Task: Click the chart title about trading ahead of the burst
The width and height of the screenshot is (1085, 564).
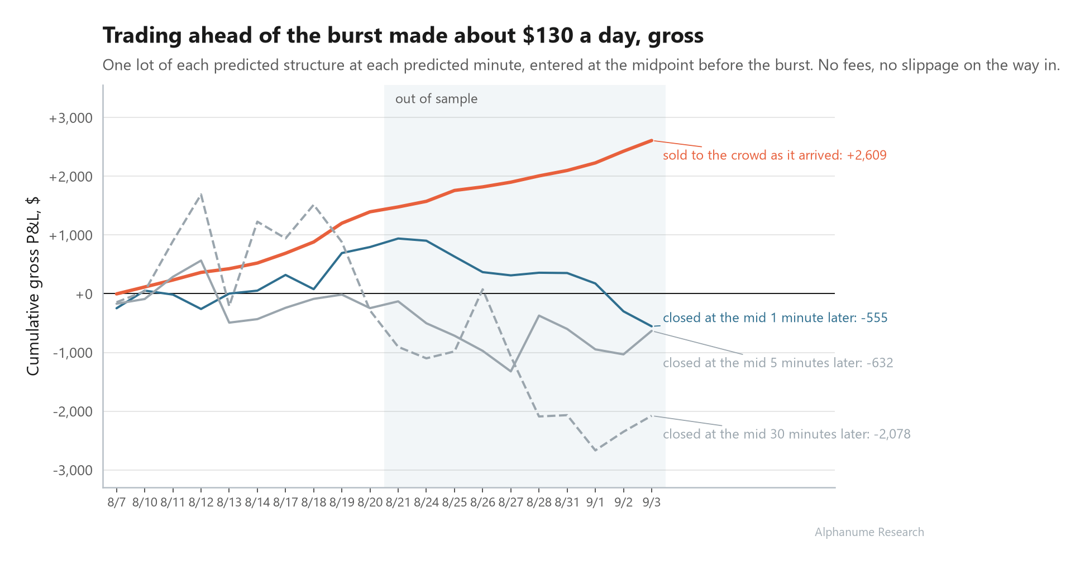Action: (x=403, y=36)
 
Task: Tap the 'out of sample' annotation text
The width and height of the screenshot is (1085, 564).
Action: (x=436, y=99)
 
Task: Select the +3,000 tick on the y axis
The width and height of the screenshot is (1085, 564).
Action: (x=70, y=118)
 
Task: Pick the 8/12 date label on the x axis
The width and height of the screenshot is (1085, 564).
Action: (x=201, y=502)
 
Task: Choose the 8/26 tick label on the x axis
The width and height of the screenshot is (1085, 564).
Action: (x=482, y=502)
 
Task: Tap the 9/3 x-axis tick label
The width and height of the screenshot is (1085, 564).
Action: (x=652, y=502)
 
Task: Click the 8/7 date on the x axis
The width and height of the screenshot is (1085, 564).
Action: (x=117, y=502)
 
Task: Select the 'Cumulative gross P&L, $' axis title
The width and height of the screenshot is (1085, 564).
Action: (x=33, y=286)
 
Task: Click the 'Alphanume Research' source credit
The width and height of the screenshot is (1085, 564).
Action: (x=869, y=532)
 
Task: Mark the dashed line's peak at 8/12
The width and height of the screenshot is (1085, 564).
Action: (x=201, y=194)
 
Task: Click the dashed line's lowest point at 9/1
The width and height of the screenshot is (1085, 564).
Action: (x=595, y=451)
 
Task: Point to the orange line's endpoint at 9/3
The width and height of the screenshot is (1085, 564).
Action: (x=652, y=140)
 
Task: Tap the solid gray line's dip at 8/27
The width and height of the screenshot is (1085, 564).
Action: (x=511, y=371)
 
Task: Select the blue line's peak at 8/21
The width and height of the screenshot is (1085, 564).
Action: (x=398, y=239)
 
